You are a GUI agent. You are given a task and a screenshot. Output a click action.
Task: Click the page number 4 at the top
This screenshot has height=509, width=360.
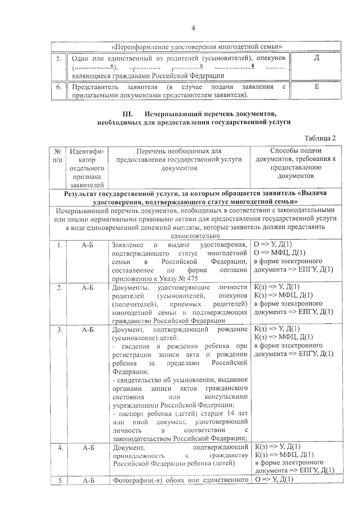click(x=193, y=28)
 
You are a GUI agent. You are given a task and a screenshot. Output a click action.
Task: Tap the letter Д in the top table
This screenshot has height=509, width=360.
click(x=316, y=58)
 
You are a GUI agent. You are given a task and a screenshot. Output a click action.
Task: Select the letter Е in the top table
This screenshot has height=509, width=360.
click(x=316, y=87)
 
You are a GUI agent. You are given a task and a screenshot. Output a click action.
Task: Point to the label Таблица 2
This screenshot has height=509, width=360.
click(x=320, y=138)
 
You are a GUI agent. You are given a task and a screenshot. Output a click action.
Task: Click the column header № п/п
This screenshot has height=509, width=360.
click(x=57, y=155)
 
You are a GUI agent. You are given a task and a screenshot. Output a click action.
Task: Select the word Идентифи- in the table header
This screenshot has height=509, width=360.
click(x=87, y=151)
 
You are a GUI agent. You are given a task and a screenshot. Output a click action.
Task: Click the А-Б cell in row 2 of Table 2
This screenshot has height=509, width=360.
click(x=87, y=288)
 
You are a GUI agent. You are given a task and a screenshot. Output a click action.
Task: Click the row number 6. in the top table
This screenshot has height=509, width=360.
click(x=59, y=87)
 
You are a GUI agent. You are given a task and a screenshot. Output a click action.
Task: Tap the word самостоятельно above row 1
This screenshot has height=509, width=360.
click(x=195, y=236)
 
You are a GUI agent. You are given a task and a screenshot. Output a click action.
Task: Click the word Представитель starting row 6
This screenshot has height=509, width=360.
click(x=95, y=87)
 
